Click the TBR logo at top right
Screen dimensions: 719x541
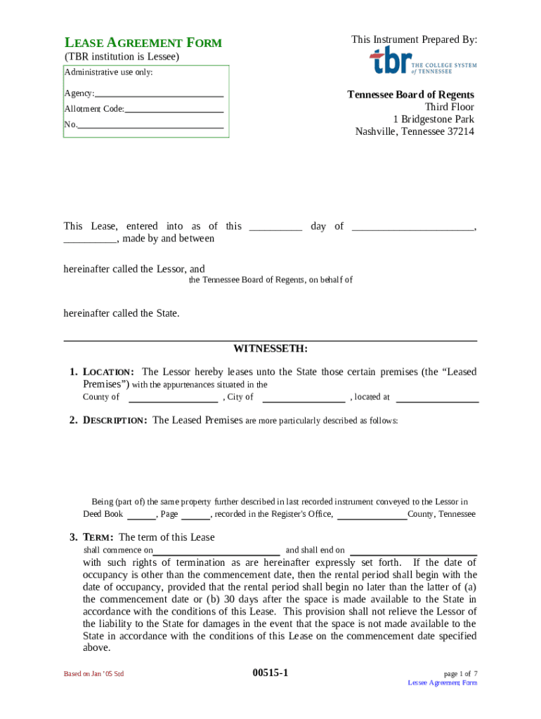coord(422,61)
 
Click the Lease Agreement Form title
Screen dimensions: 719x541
coord(143,43)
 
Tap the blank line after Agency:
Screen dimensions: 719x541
coord(159,94)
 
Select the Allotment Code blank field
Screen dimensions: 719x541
coord(174,110)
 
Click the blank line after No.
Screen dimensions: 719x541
coord(150,126)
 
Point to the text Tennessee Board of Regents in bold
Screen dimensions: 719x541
coord(410,95)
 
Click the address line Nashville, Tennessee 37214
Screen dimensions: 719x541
coord(414,131)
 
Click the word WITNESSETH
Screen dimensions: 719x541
coord(270,349)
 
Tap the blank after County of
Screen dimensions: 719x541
coord(173,398)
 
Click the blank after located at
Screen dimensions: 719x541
coord(437,398)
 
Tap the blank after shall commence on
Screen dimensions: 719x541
coord(216,551)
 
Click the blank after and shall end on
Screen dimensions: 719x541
coord(413,551)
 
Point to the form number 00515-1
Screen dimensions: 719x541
coord(270,673)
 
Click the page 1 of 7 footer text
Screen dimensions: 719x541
coord(460,673)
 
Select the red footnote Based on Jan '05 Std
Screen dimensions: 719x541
coord(93,674)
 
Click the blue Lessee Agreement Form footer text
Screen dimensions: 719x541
coord(442,683)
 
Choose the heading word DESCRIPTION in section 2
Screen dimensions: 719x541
coord(115,421)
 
